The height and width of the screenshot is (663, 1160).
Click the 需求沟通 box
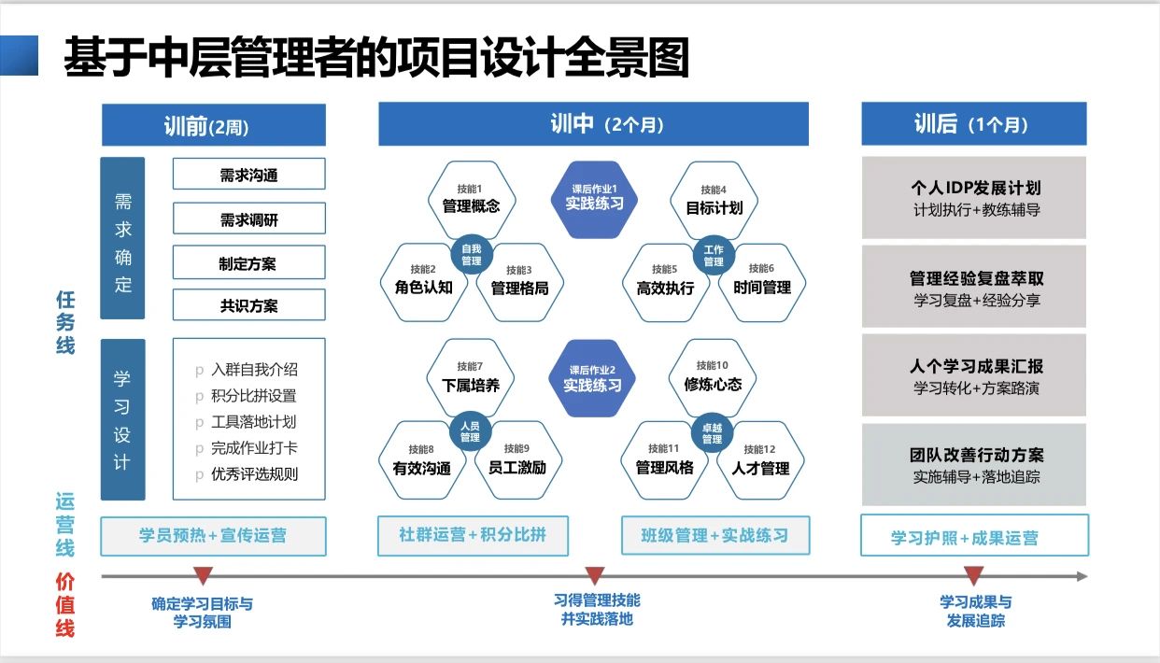pyautogui.click(x=248, y=175)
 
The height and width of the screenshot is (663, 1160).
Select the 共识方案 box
pyautogui.click(x=248, y=305)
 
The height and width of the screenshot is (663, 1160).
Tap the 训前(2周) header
pyautogui.click(x=213, y=125)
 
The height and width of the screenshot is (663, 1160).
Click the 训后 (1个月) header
pyautogui.click(x=973, y=124)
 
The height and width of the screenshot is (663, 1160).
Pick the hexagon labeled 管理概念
pyautogui.click(x=471, y=200)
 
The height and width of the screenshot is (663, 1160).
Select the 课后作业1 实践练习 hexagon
pyautogui.click(x=594, y=197)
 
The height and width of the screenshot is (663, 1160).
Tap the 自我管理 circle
pyautogui.click(x=471, y=254)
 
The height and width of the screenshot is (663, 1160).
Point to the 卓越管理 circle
pyautogui.click(x=712, y=433)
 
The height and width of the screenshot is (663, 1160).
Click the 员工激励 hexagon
pyautogui.click(x=516, y=461)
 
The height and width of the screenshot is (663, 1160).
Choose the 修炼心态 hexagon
pyautogui.click(x=713, y=377)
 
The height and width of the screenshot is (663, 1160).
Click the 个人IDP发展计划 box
pyautogui.click(x=973, y=198)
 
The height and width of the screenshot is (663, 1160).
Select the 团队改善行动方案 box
pyautogui.click(x=973, y=465)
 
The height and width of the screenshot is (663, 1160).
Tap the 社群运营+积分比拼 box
pyautogui.click(x=473, y=535)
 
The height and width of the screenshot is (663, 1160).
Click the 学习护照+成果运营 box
pyautogui.click(x=973, y=536)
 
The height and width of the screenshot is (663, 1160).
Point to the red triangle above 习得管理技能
pyautogui.click(x=594, y=575)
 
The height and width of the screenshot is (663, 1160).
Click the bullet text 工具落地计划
pyautogui.click(x=253, y=422)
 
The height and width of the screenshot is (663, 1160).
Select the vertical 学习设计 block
pyautogui.click(x=122, y=419)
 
